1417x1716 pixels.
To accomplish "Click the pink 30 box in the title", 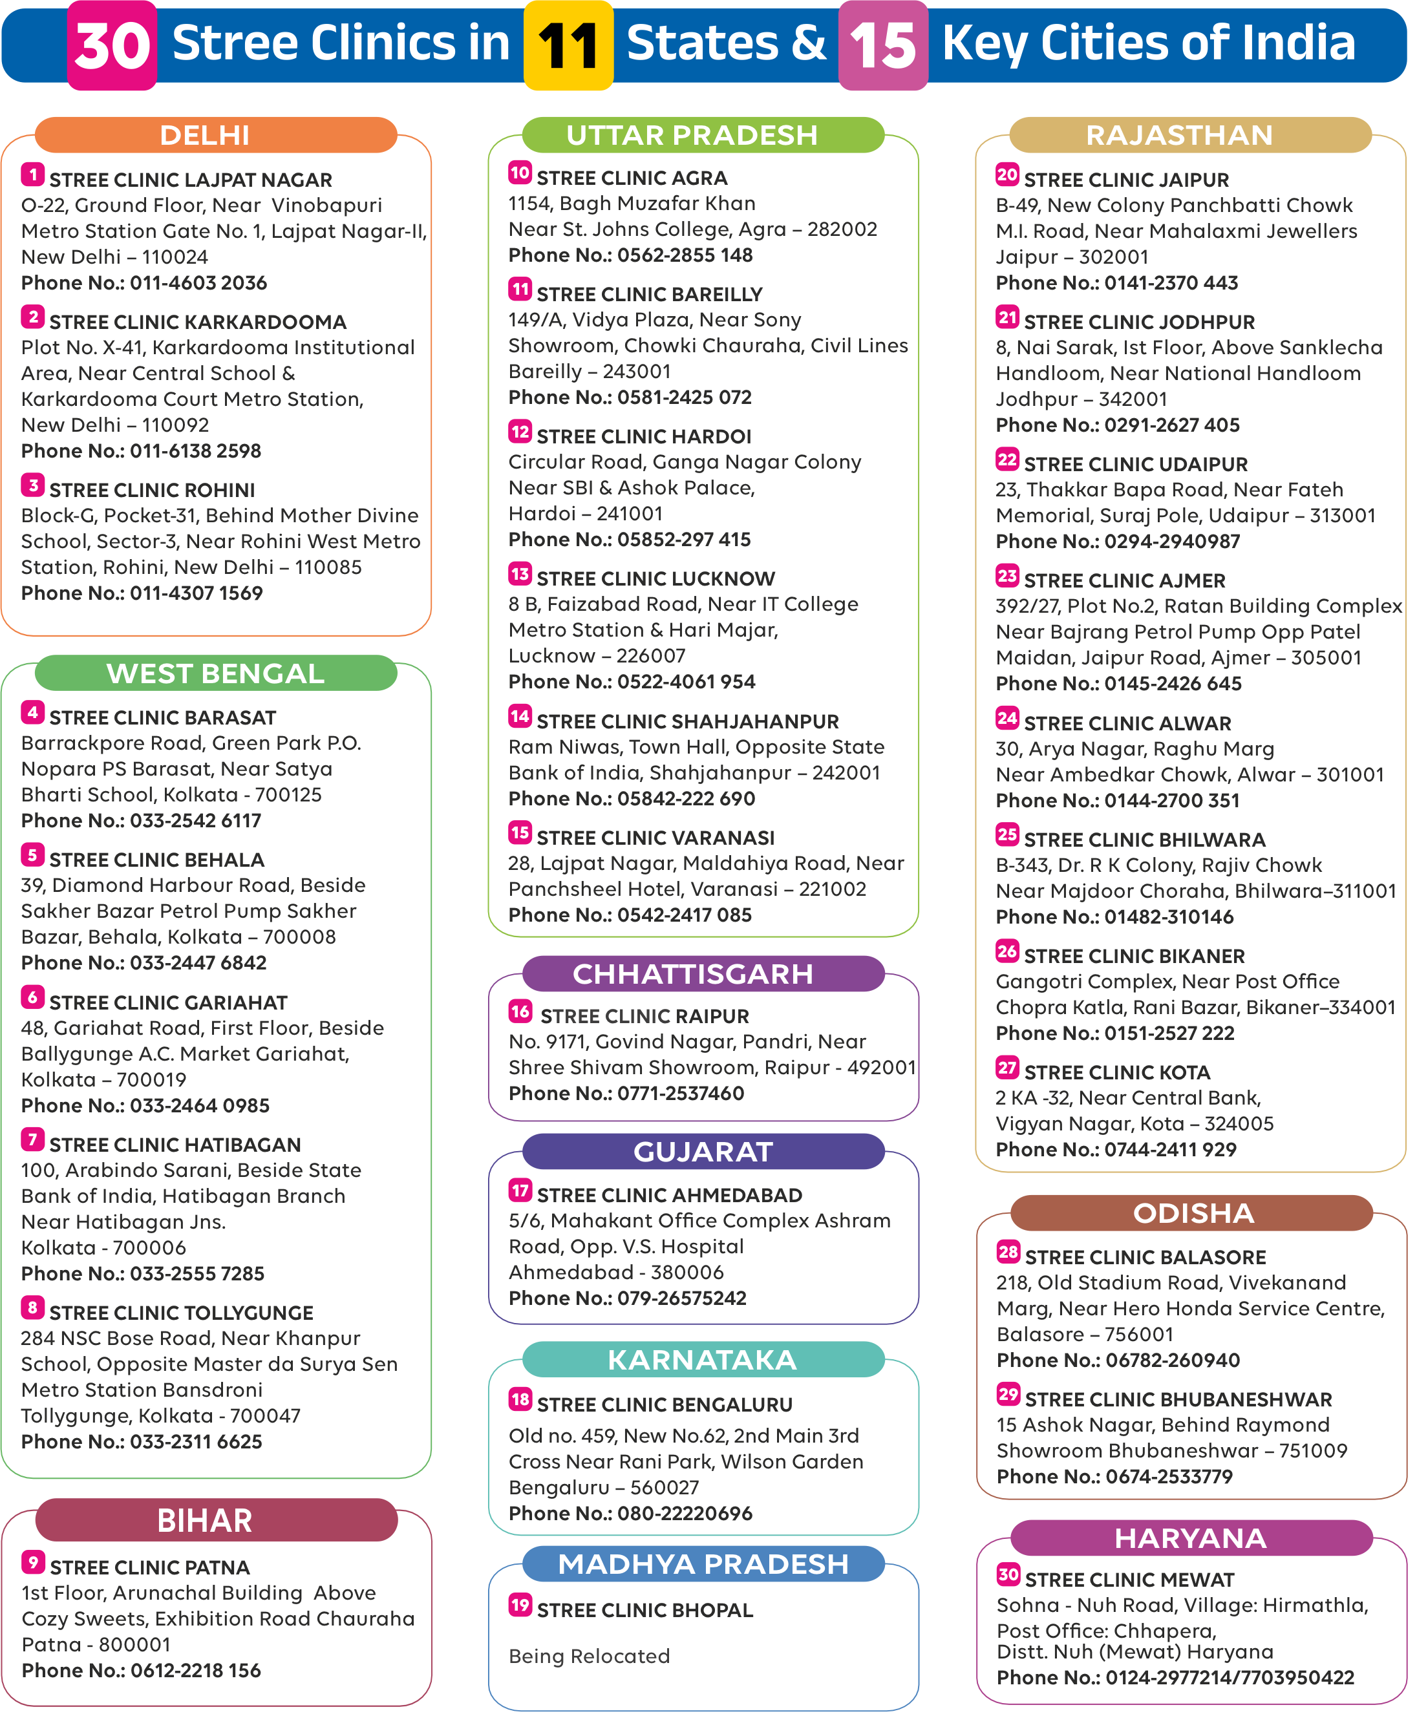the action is [x=112, y=45].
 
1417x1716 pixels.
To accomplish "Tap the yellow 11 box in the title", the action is [x=568, y=45].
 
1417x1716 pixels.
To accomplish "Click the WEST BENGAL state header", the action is [x=215, y=674].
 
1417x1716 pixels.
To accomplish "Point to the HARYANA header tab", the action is [x=1190, y=1538].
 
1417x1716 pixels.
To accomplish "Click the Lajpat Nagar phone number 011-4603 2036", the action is [x=198, y=283].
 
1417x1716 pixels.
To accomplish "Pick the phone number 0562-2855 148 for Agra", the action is [x=685, y=255].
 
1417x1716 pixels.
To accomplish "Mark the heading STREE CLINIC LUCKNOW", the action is [x=656, y=578].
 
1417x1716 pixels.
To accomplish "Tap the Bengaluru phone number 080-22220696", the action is [x=685, y=1514].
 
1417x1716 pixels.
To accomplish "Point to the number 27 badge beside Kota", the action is [x=1007, y=1067].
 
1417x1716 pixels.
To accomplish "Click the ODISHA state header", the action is [x=1192, y=1213].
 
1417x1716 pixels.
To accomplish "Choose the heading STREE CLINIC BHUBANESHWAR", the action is [x=1178, y=1399].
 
